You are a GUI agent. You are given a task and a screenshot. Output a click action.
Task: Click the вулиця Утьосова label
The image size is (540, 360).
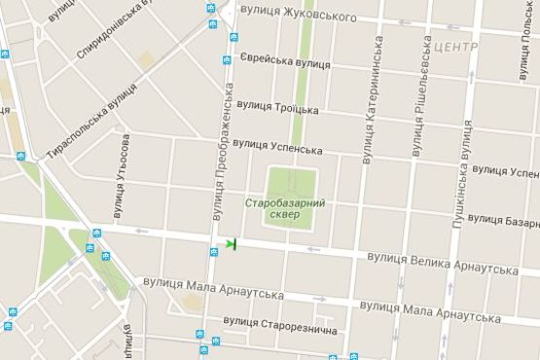[x=121, y=175]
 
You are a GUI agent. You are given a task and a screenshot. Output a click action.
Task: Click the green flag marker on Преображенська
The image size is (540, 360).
[x=231, y=243]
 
